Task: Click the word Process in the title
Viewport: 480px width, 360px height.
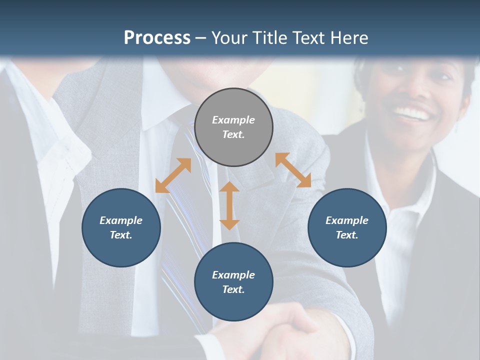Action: coord(157,38)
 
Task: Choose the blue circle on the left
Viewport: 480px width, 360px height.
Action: coord(121,227)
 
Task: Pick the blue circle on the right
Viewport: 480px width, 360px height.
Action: coord(347,227)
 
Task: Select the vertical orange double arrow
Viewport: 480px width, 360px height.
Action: coord(229,205)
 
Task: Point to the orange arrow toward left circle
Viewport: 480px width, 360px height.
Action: coord(173,175)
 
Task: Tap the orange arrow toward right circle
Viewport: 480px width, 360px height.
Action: coord(293,170)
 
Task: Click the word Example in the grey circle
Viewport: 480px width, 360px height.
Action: coord(233,120)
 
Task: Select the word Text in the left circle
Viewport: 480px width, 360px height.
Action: coord(121,235)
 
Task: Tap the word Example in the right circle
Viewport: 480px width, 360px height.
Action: coord(347,220)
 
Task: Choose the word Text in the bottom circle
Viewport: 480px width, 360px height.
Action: coord(233,289)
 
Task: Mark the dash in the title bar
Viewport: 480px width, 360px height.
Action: coord(201,38)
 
